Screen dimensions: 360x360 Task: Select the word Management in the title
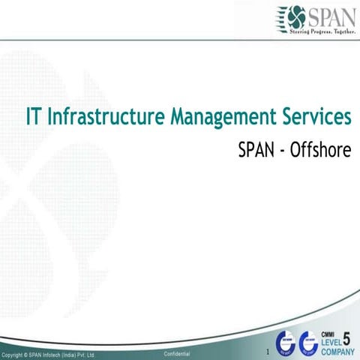tap(219, 118)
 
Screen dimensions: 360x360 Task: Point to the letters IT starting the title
tap(33, 118)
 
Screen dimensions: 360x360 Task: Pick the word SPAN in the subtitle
tap(256, 151)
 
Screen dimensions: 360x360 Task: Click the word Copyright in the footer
tap(14, 354)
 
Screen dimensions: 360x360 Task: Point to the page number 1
tap(266, 351)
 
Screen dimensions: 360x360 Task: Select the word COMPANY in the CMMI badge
tap(337, 351)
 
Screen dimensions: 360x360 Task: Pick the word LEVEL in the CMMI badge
tap(330, 342)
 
